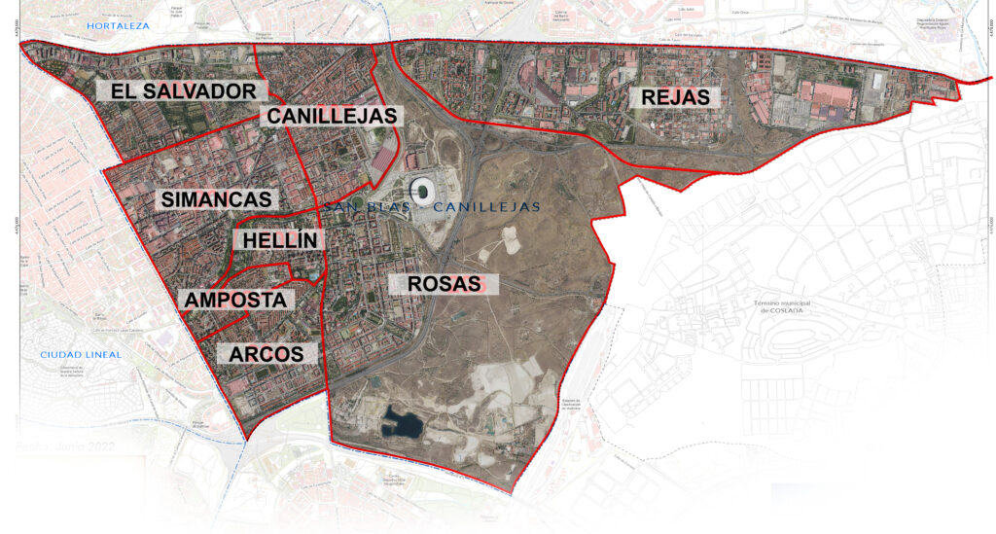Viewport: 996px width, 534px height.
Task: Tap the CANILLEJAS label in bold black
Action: click(x=332, y=116)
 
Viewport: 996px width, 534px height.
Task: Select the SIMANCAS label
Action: click(x=216, y=198)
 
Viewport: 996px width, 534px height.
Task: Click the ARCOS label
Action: click(x=267, y=354)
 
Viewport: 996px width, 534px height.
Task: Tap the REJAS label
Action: click(x=675, y=97)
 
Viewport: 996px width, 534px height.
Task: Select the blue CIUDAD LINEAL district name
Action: click(x=81, y=355)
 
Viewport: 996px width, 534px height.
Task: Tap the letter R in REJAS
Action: click(x=647, y=97)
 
